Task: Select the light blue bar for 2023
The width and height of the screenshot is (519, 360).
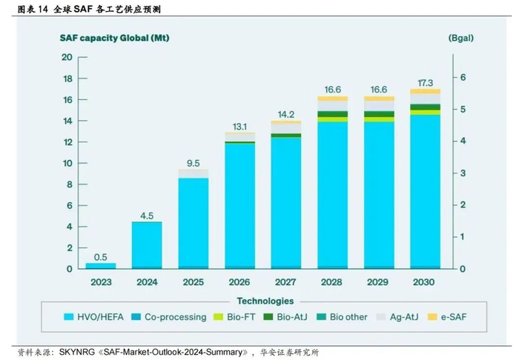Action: click(101, 264)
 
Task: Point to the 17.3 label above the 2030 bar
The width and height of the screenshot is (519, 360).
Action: click(424, 80)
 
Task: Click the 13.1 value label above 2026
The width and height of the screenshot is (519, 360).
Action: click(239, 125)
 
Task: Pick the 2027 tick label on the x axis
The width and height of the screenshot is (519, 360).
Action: click(285, 281)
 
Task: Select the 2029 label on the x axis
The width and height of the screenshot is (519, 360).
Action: click(377, 281)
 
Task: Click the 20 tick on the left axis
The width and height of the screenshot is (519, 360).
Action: click(67, 57)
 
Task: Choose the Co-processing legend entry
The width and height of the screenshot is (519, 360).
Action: click(176, 317)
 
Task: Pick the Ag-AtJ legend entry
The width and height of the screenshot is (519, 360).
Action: click(403, 317)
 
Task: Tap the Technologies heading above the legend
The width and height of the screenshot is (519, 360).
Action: click(264, 301)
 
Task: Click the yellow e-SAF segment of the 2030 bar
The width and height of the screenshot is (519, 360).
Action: click(424, 92)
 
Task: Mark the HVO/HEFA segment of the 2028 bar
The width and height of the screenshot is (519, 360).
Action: click(331, 193)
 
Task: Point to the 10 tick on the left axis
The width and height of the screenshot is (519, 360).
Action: click(67, 163)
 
